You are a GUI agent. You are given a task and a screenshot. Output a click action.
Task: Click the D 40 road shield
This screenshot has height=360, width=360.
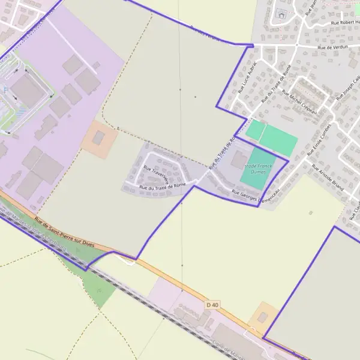point(212,305)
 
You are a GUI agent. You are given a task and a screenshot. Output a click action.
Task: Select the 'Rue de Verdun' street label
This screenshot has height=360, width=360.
point(332,46)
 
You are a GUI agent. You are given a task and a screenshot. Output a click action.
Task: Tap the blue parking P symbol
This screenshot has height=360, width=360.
point(5,90)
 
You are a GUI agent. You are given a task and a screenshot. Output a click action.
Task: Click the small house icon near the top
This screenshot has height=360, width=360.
point(281,14)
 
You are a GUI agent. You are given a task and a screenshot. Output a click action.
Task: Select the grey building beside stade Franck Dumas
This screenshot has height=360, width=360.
point(239,160)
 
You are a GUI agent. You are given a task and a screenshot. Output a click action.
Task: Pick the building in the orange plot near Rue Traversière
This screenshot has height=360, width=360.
point(98,139)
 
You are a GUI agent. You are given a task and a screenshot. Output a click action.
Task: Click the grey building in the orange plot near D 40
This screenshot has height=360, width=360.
point(262,317)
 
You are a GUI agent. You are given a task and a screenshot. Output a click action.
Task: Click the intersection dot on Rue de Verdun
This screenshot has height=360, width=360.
point(296,45)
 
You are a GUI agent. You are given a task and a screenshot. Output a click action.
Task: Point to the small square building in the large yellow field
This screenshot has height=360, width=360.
point(310,212)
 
